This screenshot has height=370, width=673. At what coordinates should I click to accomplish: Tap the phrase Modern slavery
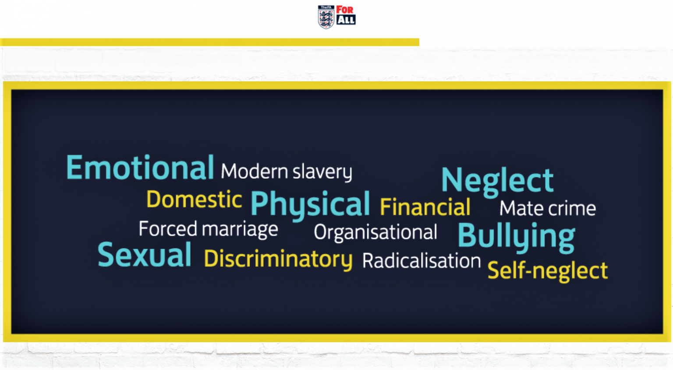point(286,172)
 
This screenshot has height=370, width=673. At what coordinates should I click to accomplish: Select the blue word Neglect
point(497,181)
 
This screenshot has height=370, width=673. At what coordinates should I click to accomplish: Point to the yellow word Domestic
point(194,199)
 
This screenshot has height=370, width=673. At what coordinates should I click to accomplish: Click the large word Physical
point(310,205)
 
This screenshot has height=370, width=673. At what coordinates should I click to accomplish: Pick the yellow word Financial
point(425,207)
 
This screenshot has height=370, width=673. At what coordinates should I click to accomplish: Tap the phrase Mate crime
point(548,208)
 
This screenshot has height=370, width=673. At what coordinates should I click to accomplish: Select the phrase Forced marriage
point(208,230)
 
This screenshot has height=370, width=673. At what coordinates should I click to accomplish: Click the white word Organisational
point(375,233)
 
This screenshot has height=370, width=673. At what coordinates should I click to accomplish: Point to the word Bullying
point(517,238)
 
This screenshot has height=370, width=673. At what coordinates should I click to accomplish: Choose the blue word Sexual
point(145,255)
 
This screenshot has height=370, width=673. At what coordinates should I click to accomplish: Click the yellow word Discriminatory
point(278,260)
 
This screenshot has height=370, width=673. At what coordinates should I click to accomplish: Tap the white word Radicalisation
point(422,260)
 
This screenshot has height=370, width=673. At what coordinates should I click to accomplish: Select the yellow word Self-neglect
point(548,271)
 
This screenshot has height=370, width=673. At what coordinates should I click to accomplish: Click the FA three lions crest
point(326,17)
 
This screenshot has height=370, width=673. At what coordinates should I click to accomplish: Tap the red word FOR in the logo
point(345,10)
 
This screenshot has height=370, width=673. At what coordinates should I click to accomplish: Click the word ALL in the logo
point(346,20)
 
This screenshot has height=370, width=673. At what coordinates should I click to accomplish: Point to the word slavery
point(322,173)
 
